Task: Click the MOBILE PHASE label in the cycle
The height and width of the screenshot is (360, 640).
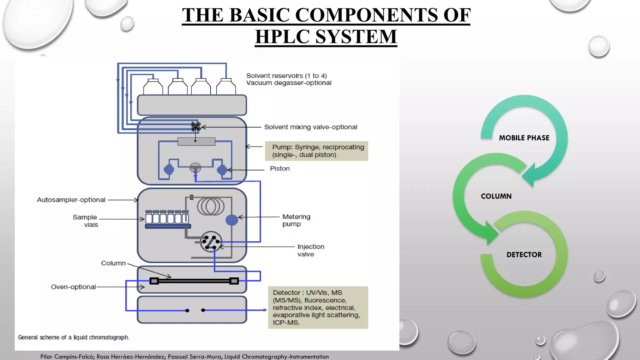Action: click(524, 138)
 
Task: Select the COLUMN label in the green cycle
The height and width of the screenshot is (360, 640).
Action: click(496, 196)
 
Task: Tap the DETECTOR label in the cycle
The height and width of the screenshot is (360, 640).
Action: click(524, 255)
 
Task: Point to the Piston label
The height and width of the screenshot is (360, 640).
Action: click(280, 168)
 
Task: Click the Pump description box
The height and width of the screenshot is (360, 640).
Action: click(317, 151)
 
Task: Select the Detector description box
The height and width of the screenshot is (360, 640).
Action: click(318, 307)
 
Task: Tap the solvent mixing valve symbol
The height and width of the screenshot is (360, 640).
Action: click(196, 127)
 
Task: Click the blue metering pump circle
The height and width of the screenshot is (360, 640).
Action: click(232, 220)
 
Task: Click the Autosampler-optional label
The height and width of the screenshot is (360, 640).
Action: click(71, 200)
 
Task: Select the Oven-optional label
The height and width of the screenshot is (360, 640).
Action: click(73, 287)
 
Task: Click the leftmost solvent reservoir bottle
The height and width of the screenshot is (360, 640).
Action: click(153, 87)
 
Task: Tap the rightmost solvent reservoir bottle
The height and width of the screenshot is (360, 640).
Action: click(226, 87)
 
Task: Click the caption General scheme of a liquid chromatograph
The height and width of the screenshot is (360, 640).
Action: click(73, 337)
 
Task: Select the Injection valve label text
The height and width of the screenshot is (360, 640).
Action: click(310, 250)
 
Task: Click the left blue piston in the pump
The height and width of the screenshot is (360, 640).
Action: click(169, 170)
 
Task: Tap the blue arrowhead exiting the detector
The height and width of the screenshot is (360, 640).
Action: click(265, 310)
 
